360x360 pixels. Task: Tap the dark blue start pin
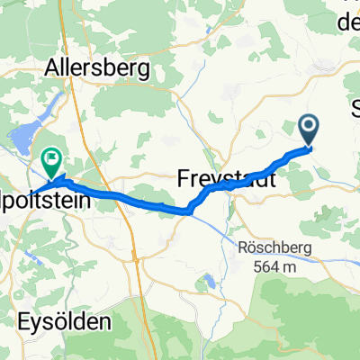(x=309, y=132)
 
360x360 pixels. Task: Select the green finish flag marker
(x=51, y=161)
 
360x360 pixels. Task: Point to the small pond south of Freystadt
(x=210, y=283)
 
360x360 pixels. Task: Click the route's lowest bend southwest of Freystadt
(x=188, y=211)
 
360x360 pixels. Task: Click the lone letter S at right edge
(x=355, y=105)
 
